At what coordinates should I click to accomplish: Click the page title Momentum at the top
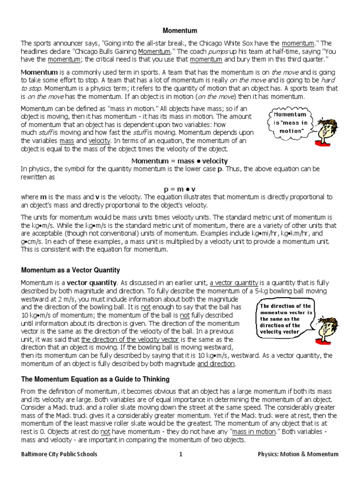coord(180,30)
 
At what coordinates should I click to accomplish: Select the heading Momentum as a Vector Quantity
coord(70,270)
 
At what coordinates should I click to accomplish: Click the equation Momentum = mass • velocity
coord(180,161)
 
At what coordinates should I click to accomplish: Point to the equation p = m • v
coord(180,188)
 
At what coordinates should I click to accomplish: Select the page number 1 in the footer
coord(180,454)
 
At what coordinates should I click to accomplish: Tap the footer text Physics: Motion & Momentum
coord(298,454)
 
